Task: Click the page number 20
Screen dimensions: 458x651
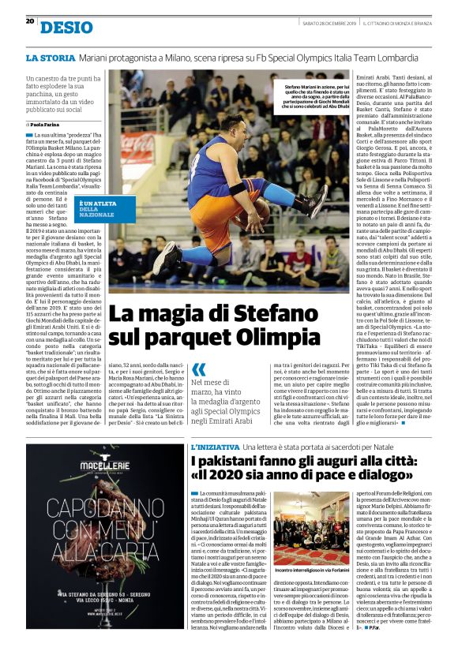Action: pyautogui.click(x=30, y=21)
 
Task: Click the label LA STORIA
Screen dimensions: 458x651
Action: pyautogui.click(x=51, y=58)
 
